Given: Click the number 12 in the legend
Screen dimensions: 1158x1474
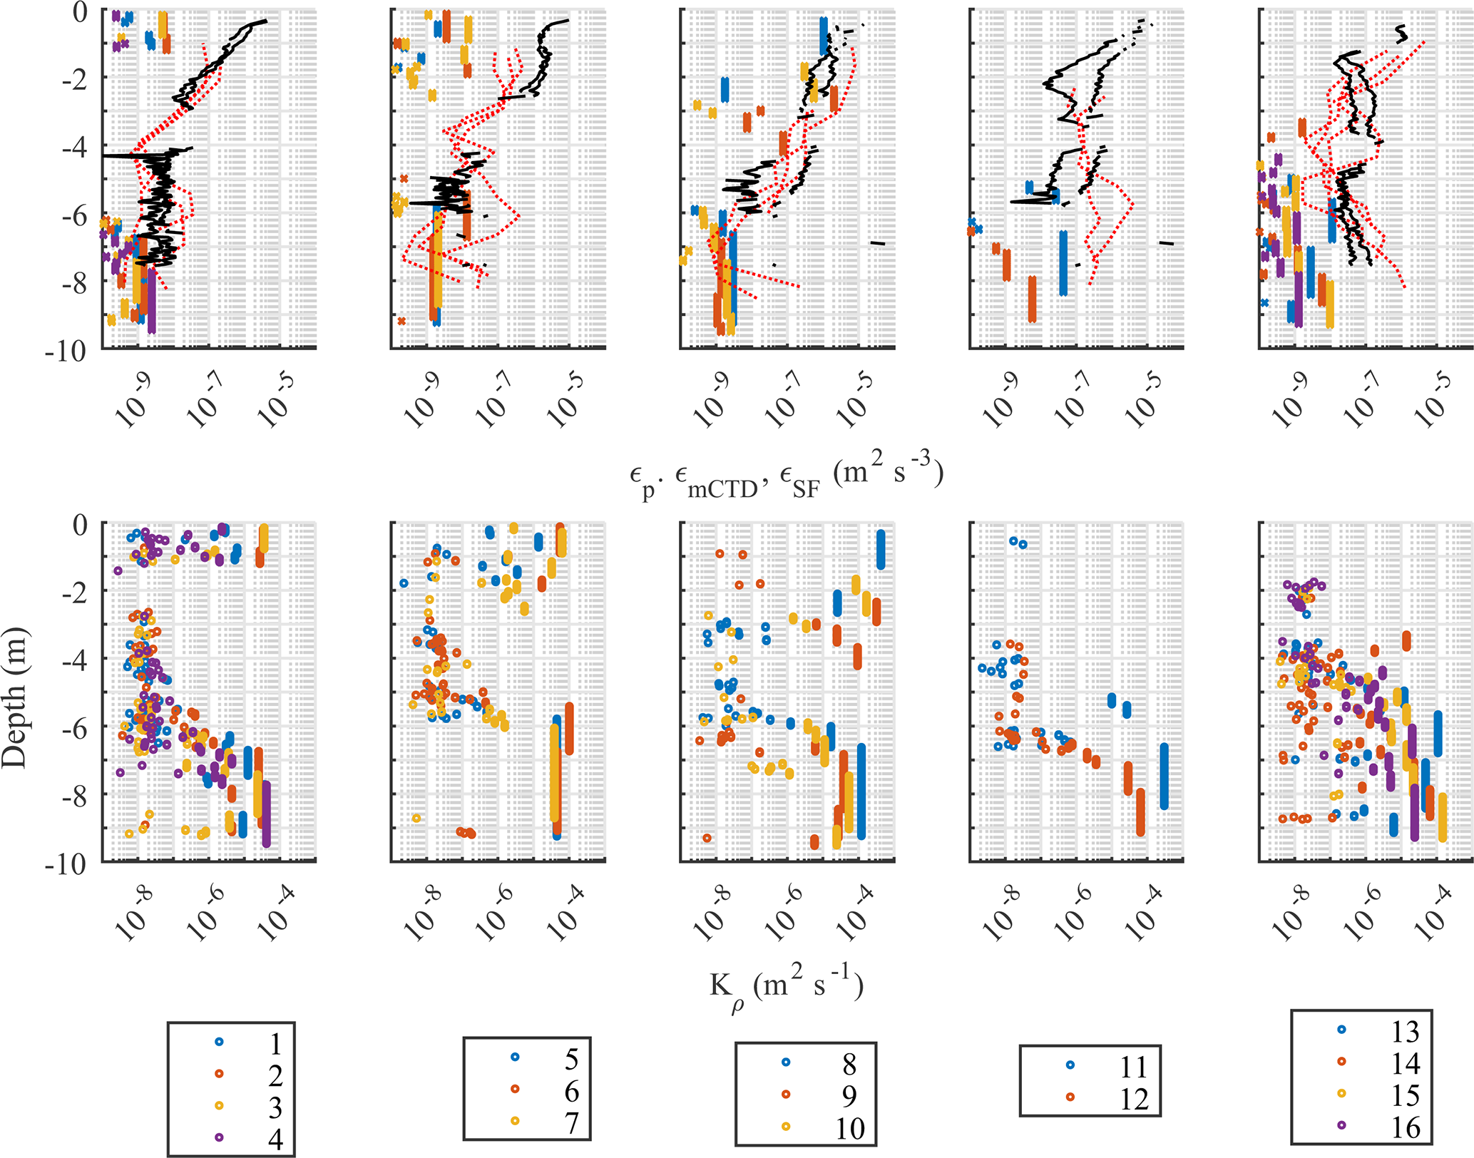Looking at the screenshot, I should (x=1133, y=1099).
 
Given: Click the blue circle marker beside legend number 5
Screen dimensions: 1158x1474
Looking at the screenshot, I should (x=515, y=1057).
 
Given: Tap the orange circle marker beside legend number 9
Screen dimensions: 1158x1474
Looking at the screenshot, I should (x=786, y=1094).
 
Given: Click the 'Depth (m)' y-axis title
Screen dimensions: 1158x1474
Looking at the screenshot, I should (x=14, y=697).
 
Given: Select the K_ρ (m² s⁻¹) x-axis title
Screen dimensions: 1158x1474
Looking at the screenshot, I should (x=786, y=987).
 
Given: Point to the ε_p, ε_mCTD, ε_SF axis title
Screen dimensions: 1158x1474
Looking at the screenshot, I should (x=786, y=475).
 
